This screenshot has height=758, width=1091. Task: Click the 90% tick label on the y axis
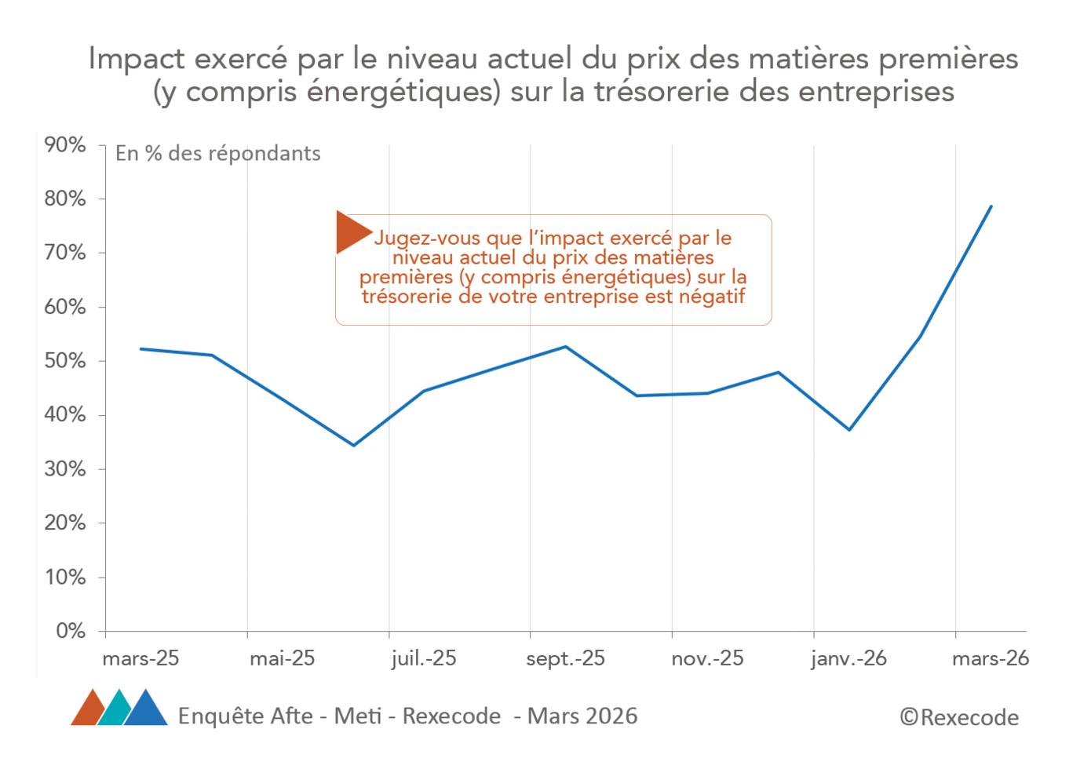click(65, 145)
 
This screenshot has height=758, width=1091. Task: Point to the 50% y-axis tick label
click(65, 361)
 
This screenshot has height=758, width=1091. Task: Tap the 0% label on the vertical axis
click(70, 631)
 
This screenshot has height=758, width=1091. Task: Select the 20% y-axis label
click(65, 523)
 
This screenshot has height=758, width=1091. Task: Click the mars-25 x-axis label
click(141, 658)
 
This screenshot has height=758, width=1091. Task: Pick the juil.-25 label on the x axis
click(424, 658)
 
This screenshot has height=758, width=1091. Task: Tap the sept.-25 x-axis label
click(565, 658)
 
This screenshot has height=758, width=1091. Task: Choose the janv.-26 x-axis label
click(848, 658)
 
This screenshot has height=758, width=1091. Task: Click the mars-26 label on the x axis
click(991, 658)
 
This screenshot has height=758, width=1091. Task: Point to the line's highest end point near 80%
click(991, 207)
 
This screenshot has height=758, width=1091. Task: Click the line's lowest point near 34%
click(353, 445)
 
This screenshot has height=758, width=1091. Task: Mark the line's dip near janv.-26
click(849, 429)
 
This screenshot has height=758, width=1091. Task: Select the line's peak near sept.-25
click(566, 347)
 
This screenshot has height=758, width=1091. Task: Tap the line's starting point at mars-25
click(141, 348)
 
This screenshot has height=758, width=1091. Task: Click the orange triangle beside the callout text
click(350, 232)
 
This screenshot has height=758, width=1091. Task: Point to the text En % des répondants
click(218, 154)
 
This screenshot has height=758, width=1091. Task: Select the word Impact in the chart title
click(137, 60)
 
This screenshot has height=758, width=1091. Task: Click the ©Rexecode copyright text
click(959, 717)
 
